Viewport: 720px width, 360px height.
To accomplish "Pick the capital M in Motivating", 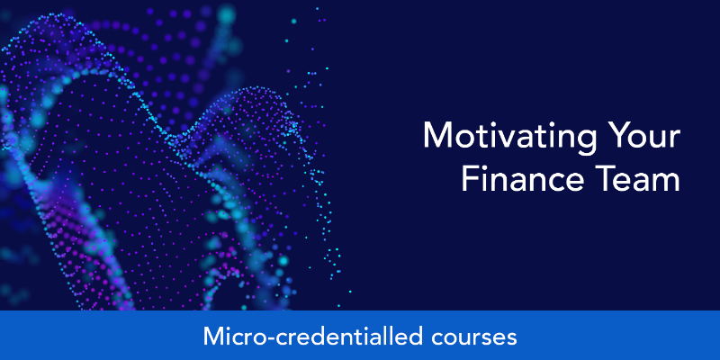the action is click(436, 136).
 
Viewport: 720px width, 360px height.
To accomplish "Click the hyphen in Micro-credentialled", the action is click(263, 338).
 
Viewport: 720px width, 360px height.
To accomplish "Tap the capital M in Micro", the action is click(212, 336).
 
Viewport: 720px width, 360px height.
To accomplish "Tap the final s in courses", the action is click(512, 339).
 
